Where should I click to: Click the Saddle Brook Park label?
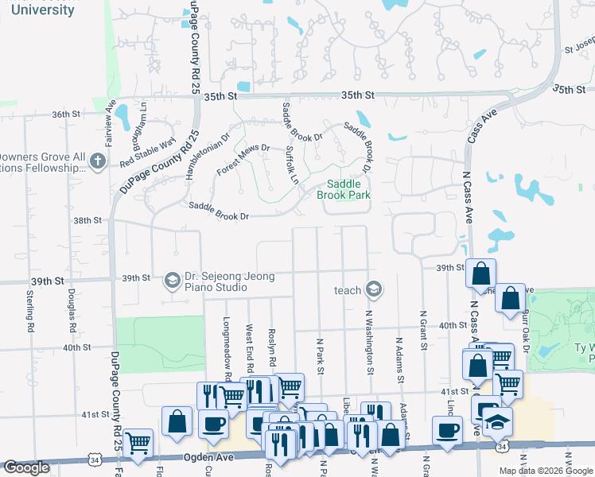(x=344, y=188)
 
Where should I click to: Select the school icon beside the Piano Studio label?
(x=172, y=280)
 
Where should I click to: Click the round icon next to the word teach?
(x=374, y=290)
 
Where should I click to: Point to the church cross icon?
(x=97, y=162)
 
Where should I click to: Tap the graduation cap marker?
(x=497, y=421)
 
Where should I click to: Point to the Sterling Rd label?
(x=30, y=311)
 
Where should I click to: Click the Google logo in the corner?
(x=26, y=467)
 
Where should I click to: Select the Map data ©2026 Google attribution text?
(x=546, y=471)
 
